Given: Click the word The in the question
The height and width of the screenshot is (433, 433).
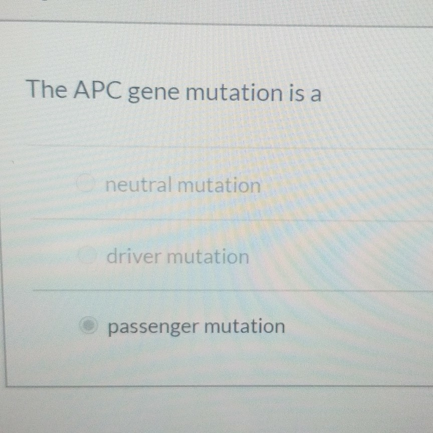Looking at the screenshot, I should point(46,90).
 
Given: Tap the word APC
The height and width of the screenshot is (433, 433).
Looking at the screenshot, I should point(97,91).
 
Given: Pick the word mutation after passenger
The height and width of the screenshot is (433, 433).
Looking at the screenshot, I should point(245,327).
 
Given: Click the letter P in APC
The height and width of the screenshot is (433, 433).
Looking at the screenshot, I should point(97,91).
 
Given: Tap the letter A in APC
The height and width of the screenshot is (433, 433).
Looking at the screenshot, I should point(82,91).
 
